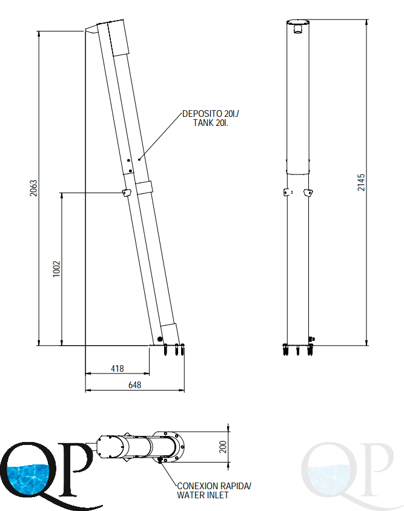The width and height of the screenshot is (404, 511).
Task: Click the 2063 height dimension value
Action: tap(33, 188)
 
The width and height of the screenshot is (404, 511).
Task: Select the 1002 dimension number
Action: tap(57, 269)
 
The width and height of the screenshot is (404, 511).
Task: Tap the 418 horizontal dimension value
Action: tap(118, 369)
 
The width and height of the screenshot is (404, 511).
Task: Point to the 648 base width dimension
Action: tap(134, 385)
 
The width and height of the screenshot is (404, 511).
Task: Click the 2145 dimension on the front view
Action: tap(361, 182)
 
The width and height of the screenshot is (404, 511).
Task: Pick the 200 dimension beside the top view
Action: tap(223, 447)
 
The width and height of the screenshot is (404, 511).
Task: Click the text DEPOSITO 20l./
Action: tap(211, 114)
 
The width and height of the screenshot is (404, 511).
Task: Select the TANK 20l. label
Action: tap(211, 123)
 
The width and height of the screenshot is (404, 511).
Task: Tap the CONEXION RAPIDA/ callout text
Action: tap(214, 486)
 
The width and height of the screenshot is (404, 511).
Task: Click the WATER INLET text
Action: tap(202, 495)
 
